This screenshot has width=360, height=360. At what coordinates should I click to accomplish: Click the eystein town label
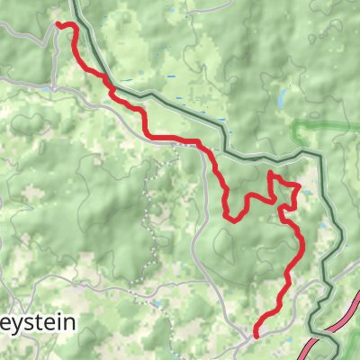(x=36, y=323)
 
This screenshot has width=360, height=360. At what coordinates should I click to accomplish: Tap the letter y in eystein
(x=13, y=325)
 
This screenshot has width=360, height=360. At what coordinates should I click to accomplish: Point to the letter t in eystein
(x=39, y=323)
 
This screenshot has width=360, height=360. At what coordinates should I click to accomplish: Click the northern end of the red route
(x=58, y=25)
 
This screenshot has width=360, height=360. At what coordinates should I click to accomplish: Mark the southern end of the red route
(x=256, y=335)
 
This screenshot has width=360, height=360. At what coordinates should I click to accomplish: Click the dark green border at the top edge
(x=76, y=4)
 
